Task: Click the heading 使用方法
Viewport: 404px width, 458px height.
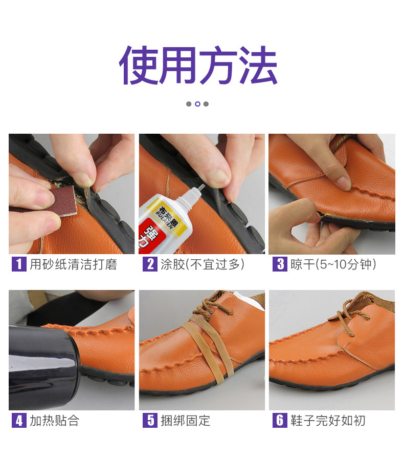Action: click(x=198, y=66)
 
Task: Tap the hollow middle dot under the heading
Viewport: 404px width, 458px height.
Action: click(x=197, y=104)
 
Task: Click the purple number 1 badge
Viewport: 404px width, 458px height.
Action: click(x=18, y=264)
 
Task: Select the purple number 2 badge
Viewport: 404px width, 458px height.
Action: click(x=149, y=264)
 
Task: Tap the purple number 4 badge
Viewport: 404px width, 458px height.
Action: click(x=18, y=421)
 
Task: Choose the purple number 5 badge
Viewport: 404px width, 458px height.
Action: click(x=149, y=421)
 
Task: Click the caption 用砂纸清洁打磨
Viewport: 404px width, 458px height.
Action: click(x=73, y=264)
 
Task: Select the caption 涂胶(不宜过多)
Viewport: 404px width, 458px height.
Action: click(x=201, y=264)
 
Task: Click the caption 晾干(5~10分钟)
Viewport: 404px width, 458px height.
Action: click(x=333, y=264)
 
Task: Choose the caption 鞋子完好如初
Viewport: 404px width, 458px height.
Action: click(x=328, y=421)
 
